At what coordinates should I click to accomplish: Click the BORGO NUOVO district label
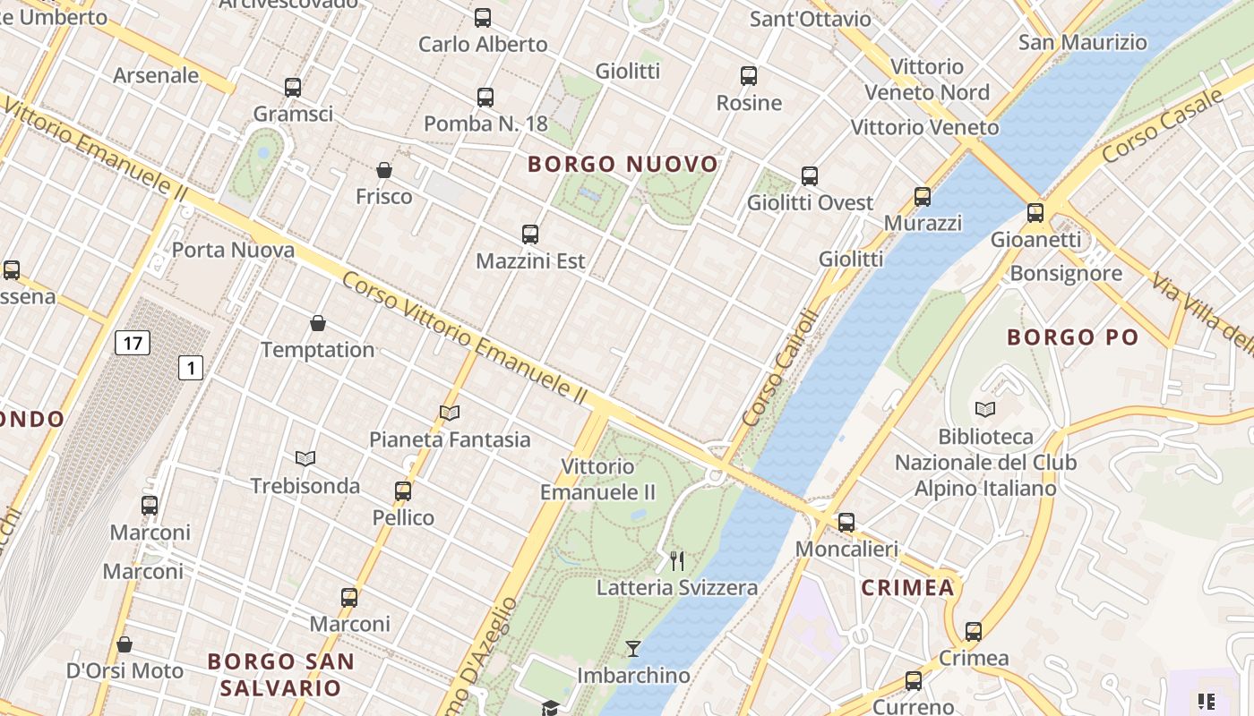tap(623, 164)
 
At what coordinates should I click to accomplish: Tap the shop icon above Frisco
tap(384, 170)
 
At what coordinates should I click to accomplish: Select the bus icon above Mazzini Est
tap(530, 234)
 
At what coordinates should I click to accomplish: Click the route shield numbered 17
tap(133, 343)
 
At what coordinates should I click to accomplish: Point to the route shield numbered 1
tap(191, 367)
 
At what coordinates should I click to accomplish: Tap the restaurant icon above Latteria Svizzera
tap(677, 561)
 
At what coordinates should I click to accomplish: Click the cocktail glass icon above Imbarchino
tap(633, 649)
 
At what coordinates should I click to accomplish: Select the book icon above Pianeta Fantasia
tap(450, 413)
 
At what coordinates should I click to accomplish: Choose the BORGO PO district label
tap(1072, 337)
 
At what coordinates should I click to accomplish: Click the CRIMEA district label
tap(907, 588)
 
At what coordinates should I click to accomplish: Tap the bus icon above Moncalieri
tap(846, 522)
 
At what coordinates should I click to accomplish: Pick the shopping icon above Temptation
tap(317, 323)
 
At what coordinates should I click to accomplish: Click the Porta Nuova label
tap(233, 250)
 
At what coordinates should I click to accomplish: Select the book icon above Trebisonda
tap(305, 459)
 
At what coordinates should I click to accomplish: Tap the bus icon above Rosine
tap(749, 76)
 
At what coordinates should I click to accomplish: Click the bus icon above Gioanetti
tap(1035, 213)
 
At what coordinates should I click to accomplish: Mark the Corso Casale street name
tap(1162, 125)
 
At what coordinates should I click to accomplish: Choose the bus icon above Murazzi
tap(923, 197)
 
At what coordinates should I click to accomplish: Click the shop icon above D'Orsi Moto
tap(125, 644)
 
